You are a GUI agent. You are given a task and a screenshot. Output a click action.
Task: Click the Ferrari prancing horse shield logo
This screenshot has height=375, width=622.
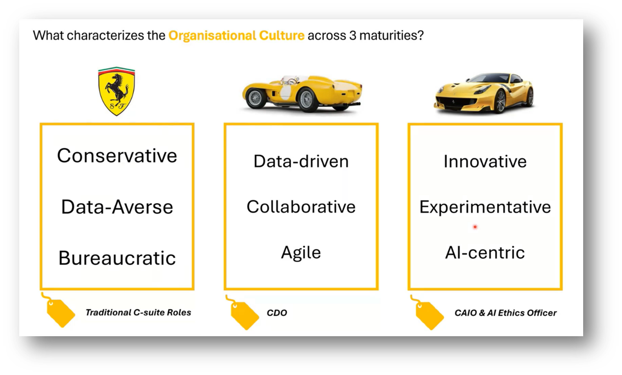pyautogui.click(x=117, y=91)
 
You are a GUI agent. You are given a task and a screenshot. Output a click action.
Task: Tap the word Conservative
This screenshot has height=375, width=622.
pyautogui.click(x=117, y=156)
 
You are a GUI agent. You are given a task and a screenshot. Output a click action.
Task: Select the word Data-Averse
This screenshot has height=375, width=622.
pyautogui.click(x=117, y=207)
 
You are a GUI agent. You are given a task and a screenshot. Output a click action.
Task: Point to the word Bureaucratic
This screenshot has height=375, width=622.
pyautogui.click(x=117, y=258)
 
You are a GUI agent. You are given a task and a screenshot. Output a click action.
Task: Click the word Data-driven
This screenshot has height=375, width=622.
pyautogui.click(x=301, y=161)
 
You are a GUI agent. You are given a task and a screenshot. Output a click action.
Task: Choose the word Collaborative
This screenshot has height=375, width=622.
pyautogui.click(x=301, y=207)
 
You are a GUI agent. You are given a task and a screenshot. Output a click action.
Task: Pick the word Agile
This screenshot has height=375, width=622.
pyautogui.click(x=301, y=252)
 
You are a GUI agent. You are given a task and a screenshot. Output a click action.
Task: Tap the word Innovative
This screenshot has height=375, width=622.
pyautogui.click(x=485, y=161)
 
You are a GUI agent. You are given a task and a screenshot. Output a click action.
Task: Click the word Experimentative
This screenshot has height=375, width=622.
pyautogui.click(x=485, y=207)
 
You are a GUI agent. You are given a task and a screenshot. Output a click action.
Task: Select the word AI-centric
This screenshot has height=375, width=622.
pyautogui.click(x=485, y=252)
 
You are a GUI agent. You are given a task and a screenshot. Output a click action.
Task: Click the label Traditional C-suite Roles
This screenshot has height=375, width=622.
pyautogui.click(x=138, y=312)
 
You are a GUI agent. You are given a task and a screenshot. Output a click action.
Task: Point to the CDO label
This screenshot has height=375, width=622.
pyautogui.click(x=277, y=313)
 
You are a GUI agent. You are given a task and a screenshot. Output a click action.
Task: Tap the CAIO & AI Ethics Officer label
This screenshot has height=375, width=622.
pyautogui.click(x=505, y=313)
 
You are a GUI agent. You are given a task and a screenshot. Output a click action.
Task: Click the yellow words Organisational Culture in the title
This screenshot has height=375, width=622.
pyautogui.click(x=236, y=36)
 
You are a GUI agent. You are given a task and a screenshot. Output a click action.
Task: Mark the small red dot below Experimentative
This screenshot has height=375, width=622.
pyautogui.click(x=475, y=227)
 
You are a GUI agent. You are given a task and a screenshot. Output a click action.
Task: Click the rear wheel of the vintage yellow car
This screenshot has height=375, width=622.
pyautogui.click(x=306, y=99)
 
